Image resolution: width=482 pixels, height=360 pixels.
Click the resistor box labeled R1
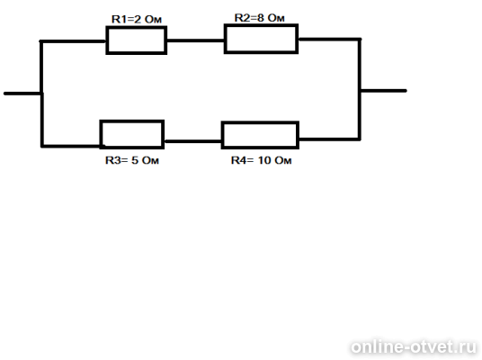point(137,27)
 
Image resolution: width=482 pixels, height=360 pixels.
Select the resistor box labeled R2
point(261,25)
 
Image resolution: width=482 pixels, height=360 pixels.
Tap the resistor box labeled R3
point(132,121)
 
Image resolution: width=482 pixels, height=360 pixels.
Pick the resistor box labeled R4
point(260,122)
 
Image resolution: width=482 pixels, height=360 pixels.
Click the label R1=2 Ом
point(137,20)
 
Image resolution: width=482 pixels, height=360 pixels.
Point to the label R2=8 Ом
point(260,18)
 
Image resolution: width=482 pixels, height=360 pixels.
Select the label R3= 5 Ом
point(132,160)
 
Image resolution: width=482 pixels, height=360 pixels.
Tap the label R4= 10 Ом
point(262,160)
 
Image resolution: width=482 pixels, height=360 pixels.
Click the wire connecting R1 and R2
point(195,40)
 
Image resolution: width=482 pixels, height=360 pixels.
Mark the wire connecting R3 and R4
point(192,141)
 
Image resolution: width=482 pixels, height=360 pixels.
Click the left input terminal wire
point(22,94)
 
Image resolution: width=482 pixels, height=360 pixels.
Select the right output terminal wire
point(383,91)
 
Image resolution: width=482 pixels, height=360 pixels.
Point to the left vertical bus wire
point(41,94)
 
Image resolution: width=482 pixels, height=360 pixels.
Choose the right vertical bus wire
point(359,89)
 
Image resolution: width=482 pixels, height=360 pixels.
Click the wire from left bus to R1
point(73,41)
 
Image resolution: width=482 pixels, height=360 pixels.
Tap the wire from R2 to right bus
point(329,40)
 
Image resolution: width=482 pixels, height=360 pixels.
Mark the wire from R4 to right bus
point(329,139)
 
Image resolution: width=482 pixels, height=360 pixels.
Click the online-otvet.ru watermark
point(414,347)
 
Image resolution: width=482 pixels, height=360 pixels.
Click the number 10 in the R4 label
point(263,160)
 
